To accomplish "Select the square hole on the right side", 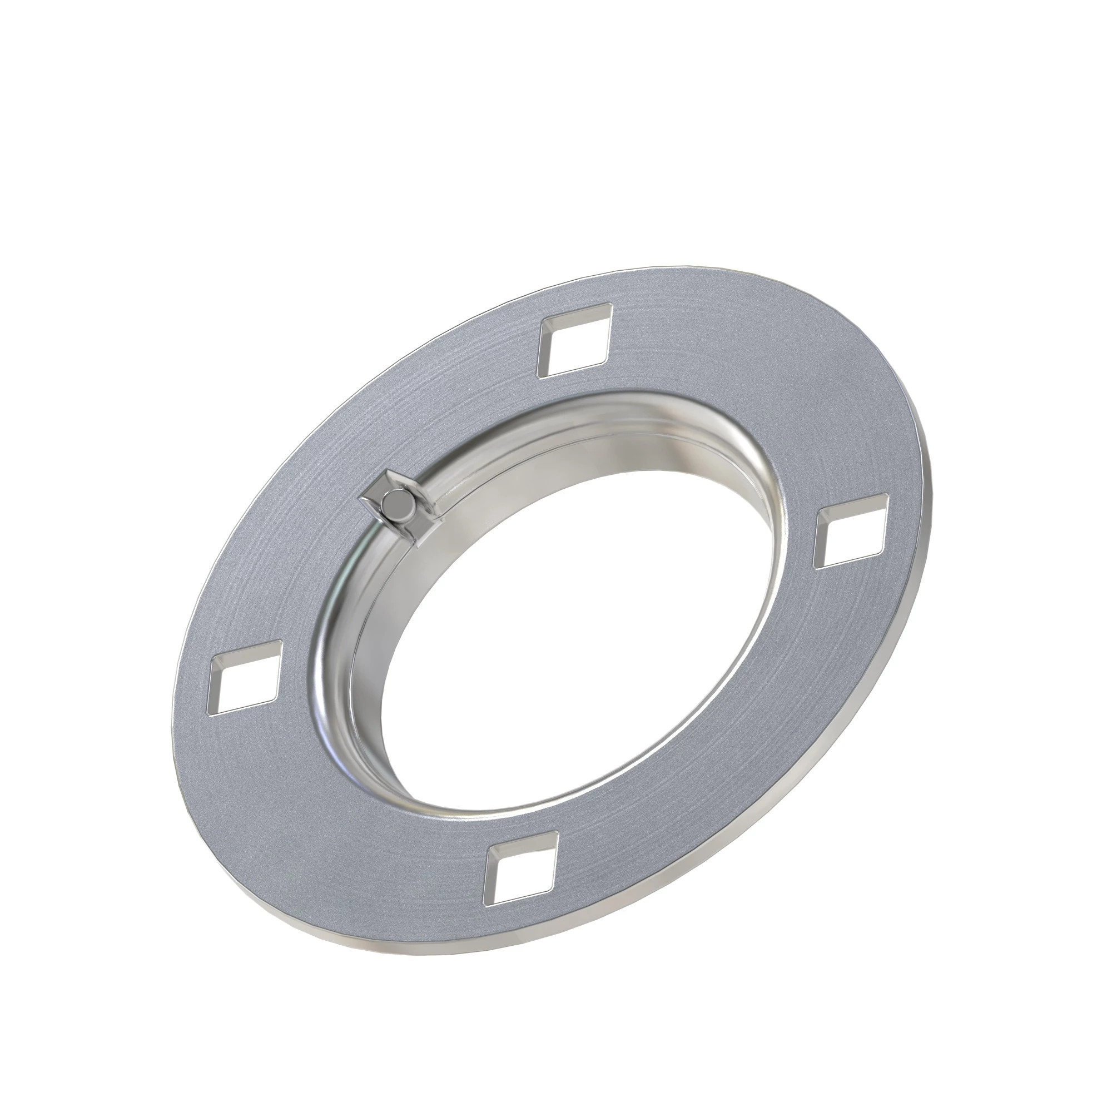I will point(850,528).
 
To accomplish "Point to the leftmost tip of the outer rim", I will point(175,714).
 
